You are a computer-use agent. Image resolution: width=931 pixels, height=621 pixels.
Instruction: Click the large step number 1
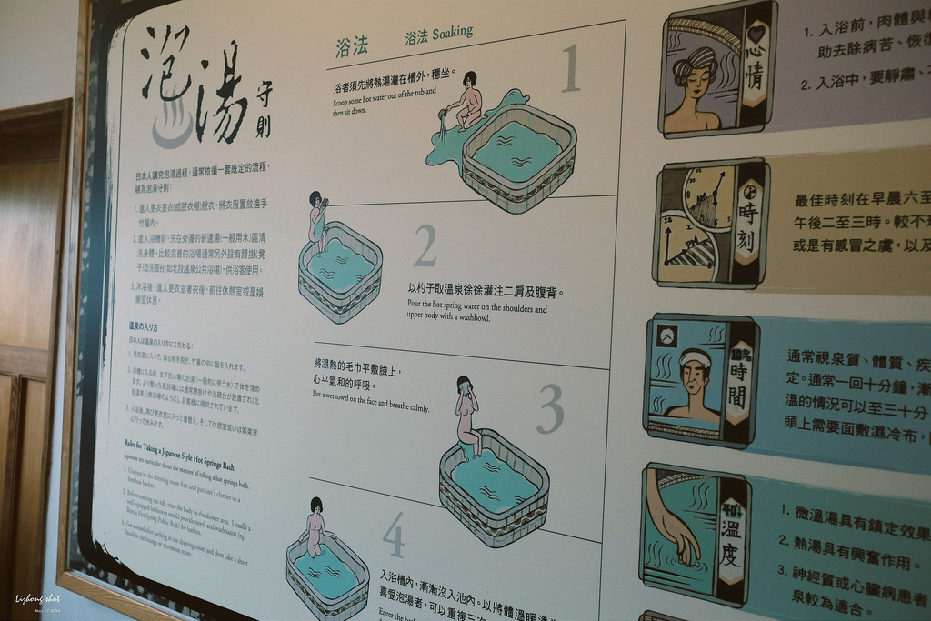coord(569,70)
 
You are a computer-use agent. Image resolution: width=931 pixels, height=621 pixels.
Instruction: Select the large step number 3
coord(549,410)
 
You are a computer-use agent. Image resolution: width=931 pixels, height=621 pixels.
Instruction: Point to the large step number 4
coord(394,536)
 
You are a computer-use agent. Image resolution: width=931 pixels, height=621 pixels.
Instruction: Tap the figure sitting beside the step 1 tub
coord(467,100)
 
